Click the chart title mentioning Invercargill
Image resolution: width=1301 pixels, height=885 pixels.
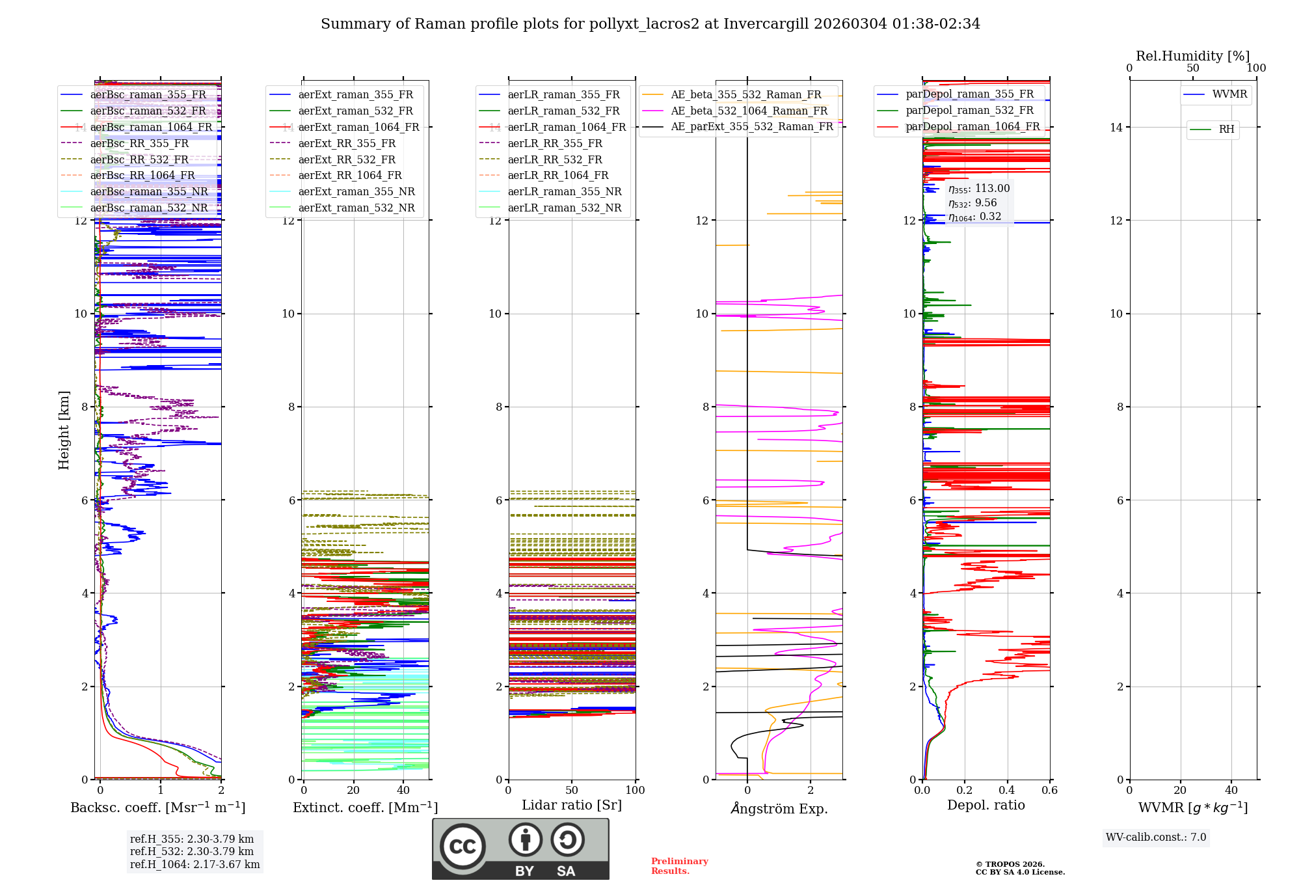650,24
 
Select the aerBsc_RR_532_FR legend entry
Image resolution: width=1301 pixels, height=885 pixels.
139,159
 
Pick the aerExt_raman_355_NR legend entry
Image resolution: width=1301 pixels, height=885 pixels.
356,191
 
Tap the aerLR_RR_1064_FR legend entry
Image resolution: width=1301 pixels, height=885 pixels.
557,175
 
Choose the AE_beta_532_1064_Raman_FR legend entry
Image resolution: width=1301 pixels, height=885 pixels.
749,111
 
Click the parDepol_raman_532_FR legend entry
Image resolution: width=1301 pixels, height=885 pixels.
969,110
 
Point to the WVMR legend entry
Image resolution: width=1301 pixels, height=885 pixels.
1229,94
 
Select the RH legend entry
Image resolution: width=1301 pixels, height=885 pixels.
1226,129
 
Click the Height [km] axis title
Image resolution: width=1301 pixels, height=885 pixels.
64,429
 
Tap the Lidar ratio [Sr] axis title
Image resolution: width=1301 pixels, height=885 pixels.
572,805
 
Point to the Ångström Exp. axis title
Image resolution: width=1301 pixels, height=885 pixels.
779,808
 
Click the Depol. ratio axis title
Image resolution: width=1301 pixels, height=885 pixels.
986,805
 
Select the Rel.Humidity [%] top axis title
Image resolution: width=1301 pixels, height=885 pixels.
1192,56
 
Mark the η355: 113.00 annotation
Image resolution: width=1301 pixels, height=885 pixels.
979,189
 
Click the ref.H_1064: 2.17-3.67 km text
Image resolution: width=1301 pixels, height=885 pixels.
194,864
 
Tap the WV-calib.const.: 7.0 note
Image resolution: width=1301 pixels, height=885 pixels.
1156,837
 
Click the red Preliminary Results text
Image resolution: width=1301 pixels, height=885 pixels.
679,866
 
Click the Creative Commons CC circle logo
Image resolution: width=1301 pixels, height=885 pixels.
463,847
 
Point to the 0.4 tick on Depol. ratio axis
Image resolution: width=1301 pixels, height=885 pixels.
1007,791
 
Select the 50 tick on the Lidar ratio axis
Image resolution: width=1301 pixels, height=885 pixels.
572,791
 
